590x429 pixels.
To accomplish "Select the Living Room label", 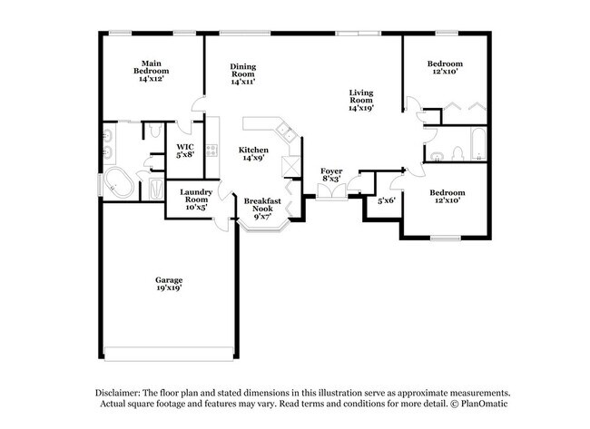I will pyautogui.click(x=361, y=100).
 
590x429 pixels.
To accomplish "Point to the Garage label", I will pyautogui.click(x=168, y=284).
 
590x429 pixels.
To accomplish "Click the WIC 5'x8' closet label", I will pyautogui.click(x=185, y=151).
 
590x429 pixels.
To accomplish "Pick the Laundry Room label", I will pyautogui.click(x=196, y=200).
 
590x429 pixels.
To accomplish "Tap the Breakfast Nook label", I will pyautogui.click(x=263, y=208).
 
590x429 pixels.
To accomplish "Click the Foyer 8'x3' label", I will pyautogui.click(x=331, y=174).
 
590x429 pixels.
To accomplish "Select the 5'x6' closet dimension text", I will pyautogui.click(x=387, y=200).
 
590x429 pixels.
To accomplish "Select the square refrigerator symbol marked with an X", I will pyautogui.click(x=293, y=166).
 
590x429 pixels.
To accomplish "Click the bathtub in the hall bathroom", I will pyautogui.click(x=477, y=143).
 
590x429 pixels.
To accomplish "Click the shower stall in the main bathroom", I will pyautogui.click(x=154, y=189).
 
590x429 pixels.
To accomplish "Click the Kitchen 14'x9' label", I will pyautogui.click(x=252, y=153).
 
